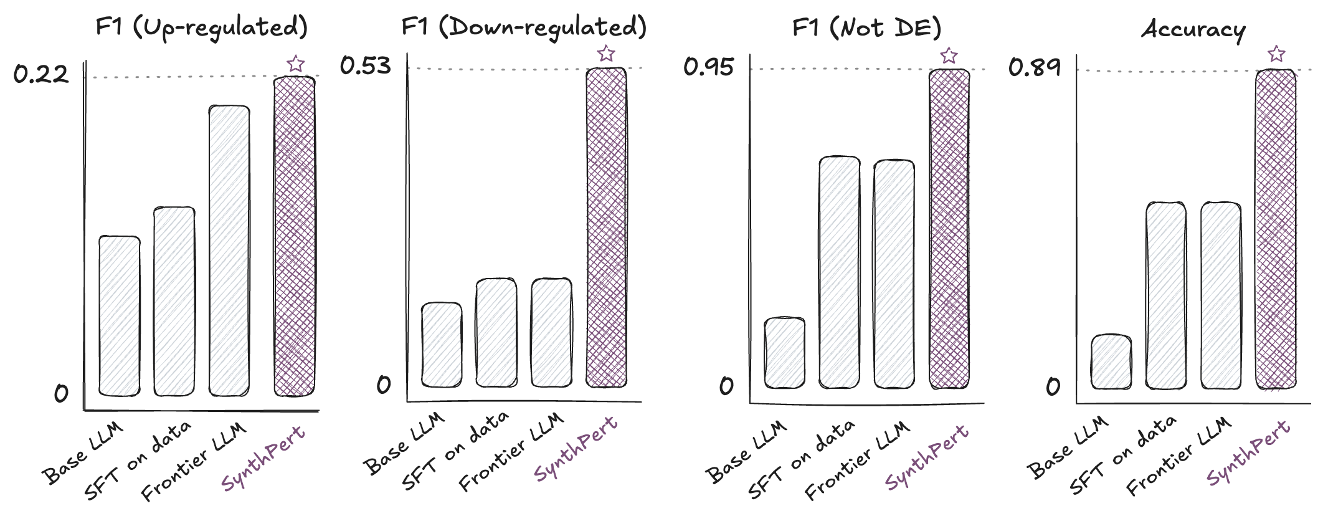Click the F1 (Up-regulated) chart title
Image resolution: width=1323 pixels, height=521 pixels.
(x=201, y=28)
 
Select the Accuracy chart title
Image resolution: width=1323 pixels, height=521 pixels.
(x=1193, y=29)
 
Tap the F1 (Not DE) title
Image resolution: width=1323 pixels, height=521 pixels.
(x=866, y=28)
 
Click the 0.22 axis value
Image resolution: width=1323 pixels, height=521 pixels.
(x=41, y=75)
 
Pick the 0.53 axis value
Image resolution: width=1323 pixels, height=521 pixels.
(x=366, y=65)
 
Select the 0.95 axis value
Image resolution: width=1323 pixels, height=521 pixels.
(x=709, y=67)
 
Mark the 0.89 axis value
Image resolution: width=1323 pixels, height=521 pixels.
(x=1035, y=67)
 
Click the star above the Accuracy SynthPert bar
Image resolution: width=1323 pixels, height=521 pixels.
(x=1276, y=54)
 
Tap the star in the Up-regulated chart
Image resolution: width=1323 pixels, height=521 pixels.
(x=296, y=64)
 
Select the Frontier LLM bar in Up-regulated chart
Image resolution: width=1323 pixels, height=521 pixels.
(x=229, y=251)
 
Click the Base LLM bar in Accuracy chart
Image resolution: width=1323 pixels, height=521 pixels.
(x=1111, y=362)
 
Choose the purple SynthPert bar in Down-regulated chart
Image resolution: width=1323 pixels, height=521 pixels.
(x=606, y=227)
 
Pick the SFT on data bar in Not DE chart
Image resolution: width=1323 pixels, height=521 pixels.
(x=839, y=272)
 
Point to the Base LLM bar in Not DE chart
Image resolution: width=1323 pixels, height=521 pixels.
(x=784, y=353)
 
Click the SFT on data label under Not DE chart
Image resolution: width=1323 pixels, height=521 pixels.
(x=801, y=459)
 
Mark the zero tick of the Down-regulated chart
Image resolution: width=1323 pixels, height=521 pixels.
(x=384, y=385)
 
